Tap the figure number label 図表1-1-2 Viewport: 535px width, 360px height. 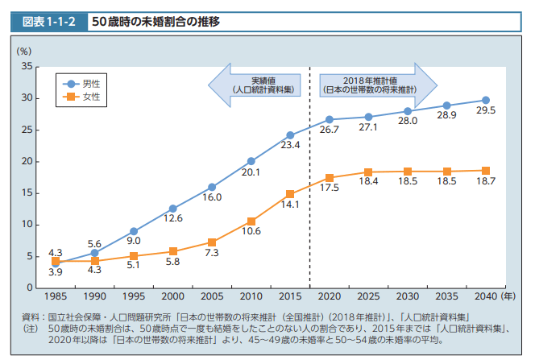tap(48, 22)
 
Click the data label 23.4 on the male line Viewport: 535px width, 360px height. tap(290, 146)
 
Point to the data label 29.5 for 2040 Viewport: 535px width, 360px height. tap(485, 110)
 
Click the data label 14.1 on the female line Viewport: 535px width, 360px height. tap(290, 205)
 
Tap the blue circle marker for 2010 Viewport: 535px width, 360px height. tap(251, 161)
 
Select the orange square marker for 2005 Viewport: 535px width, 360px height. tap(212, 242)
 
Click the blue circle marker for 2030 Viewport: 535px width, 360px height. tap(408, 111)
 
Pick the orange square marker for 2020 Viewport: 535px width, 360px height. tap(330, 178)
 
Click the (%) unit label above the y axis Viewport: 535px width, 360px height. tap(23, 51)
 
